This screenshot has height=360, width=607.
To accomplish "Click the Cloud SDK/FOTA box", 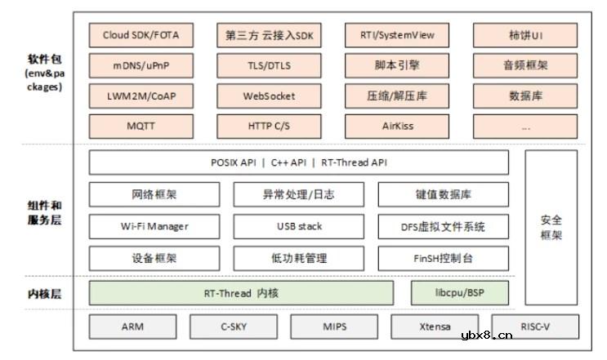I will [141, 35].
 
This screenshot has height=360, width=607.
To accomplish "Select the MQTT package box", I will [141, 127].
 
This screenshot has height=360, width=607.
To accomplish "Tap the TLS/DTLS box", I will [269, 65].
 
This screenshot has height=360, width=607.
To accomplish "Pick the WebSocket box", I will [269, 96].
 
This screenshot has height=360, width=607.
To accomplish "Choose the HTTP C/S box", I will [269, 127].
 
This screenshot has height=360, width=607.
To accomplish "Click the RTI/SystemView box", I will [397, 35].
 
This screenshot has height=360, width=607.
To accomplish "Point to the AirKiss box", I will [397, 127].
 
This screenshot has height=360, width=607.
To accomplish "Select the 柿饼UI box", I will [525, 35].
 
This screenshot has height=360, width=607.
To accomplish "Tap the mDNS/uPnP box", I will [141, 65].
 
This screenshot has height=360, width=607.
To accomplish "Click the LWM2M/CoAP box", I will [141, 96].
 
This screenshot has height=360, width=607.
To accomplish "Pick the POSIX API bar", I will [298, 162].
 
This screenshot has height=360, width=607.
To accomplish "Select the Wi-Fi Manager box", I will [154, 226].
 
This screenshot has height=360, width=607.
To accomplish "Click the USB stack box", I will [298, 226].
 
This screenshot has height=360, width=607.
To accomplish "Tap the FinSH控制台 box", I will [443, 258].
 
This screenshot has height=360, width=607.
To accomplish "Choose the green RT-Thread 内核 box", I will [240, 292].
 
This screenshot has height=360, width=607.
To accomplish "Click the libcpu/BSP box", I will [460, 292].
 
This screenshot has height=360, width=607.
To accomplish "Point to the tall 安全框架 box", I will [551, 227].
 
